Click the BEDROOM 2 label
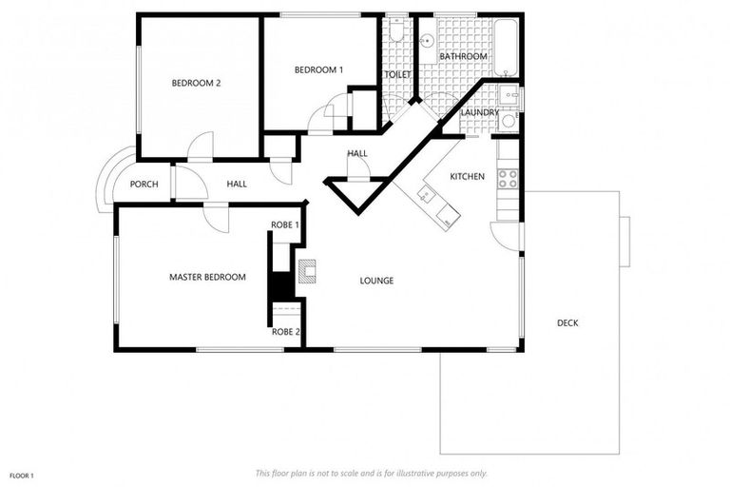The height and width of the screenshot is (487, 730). [196, 84]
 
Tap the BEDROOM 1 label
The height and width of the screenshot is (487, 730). [318, 70]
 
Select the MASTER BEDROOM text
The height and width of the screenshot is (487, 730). [207, 278]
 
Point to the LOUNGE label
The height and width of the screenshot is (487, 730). [376, 281]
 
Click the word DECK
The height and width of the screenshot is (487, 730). [567, 323]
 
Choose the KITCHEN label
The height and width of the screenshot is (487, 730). [467, 176]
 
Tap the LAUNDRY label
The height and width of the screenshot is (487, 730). [479, 112]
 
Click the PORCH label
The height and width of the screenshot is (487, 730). [144, 185]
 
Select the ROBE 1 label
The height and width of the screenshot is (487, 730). [285, 225]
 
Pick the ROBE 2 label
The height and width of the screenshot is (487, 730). [285, 332]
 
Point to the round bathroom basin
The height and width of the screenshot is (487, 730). [427, 41]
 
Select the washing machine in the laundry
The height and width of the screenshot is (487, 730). [509, 121]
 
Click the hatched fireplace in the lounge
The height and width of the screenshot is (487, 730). [307, 270]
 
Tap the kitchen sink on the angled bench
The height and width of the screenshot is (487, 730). [425, 195]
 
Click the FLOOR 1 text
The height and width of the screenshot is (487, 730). [22, 475]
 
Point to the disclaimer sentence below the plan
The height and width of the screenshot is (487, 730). [371, 473]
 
